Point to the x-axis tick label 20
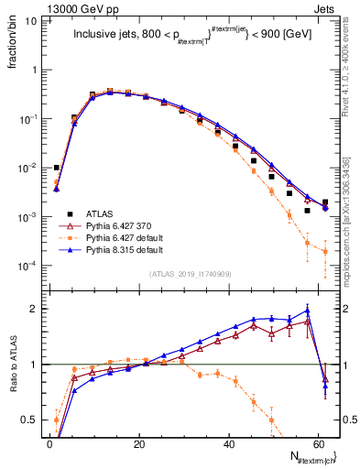(x=139, y=443)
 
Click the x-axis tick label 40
(x=229, y=443)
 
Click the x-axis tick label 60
(x=319, y=443)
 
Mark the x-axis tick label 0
(x=50, y=443)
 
